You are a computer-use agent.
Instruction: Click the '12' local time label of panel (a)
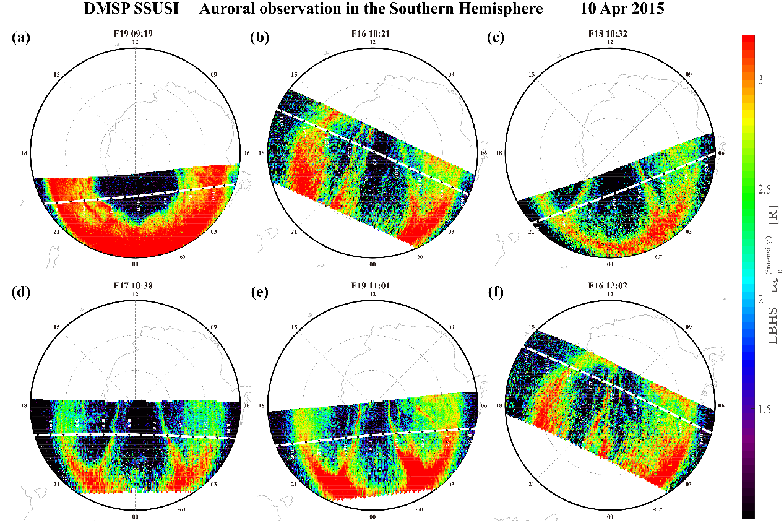click(x=135, y=42)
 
